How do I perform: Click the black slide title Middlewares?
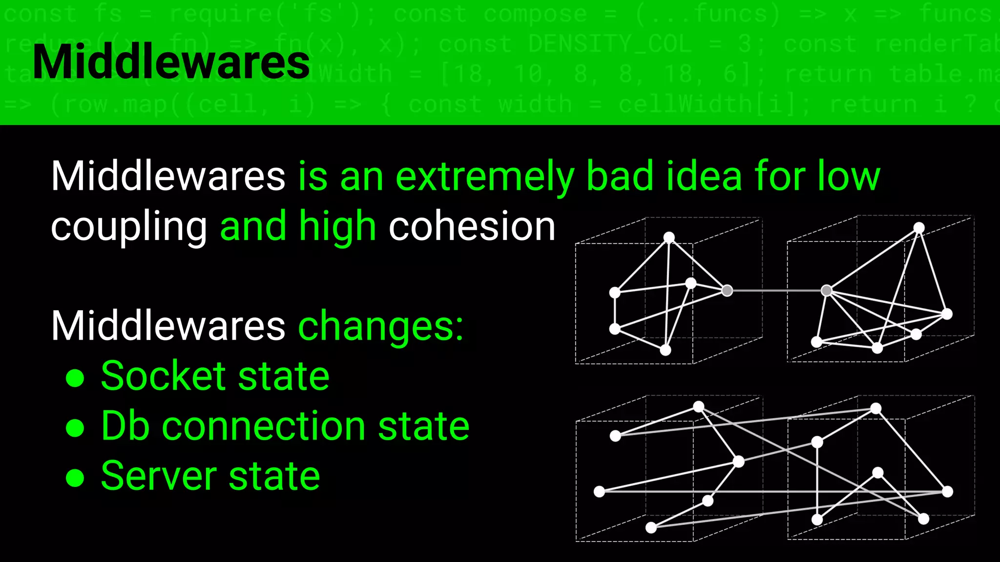[x=171, y=62]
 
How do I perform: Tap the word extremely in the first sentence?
[x=484, y=177]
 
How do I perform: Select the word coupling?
[x=129, y=227]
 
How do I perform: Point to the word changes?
[x=380, y=326]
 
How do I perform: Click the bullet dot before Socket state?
[x=75, y=378]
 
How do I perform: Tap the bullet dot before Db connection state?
[x=75, y=427]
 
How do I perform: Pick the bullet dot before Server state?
[x=75, y=478]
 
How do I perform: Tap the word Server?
[x=159, y=476]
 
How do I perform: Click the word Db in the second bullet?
[x=125, y=426]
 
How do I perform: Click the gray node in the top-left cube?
[x=727, y=291]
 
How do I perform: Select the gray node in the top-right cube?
[x=827, y=291]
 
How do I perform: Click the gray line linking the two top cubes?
[x=776, y=291]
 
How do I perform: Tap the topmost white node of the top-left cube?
[x=669, y=238]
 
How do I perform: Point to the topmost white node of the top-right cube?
[x=919, y=228]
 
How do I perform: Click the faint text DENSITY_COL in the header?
[x=610, y=44]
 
